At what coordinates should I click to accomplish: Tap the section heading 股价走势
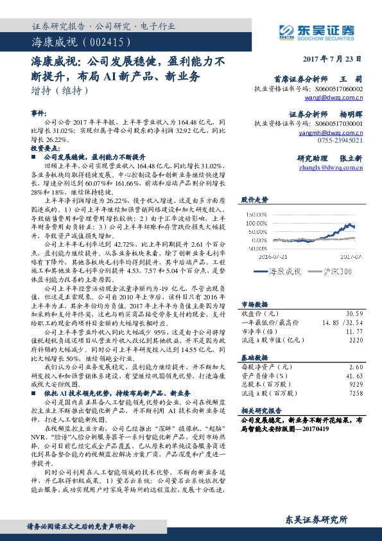tap(255, 201)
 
